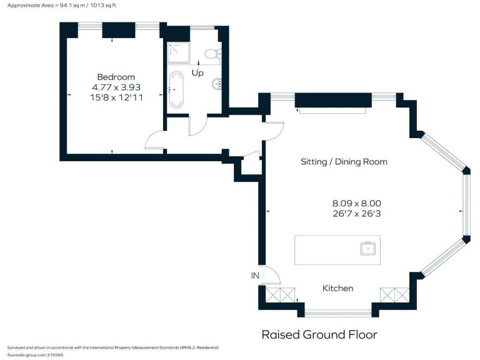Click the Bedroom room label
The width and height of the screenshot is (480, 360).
[x=116, y=77]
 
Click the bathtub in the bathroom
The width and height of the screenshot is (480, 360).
[x=176, y=90]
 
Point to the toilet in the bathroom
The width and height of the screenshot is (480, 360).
[x=213, y=54]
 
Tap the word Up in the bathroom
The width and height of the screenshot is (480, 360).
[x=197, y=72]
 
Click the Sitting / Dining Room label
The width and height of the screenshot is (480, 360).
[x=344, y=162]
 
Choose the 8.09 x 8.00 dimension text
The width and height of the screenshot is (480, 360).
[x=356, y=203]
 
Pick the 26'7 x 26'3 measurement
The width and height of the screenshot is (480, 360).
[x=356, y=213]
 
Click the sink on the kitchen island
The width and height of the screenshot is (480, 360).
[x=368, y=249]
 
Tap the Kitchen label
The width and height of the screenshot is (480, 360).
[x=337, y=288]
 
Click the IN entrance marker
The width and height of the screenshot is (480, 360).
[x=255, y=275]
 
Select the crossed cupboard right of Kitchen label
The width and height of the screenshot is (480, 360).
[x=394, y=296]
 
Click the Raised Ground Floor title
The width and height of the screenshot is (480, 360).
[x=319, y=334]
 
